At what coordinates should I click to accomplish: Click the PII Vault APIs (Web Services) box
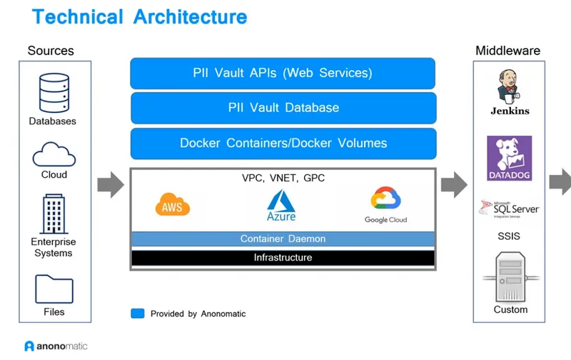283,74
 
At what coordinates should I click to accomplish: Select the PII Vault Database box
283,108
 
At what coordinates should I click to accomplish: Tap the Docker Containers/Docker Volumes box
283,143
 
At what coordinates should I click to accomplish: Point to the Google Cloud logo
385,206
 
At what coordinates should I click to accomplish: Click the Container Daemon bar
283,239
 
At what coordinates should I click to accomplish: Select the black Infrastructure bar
283,257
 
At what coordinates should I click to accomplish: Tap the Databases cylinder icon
53,93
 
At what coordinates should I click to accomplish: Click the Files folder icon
54,289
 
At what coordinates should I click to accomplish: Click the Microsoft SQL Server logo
509,209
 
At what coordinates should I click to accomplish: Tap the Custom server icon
510,279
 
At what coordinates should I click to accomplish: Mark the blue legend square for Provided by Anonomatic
138,313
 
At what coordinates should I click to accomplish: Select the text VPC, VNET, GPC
283,178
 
